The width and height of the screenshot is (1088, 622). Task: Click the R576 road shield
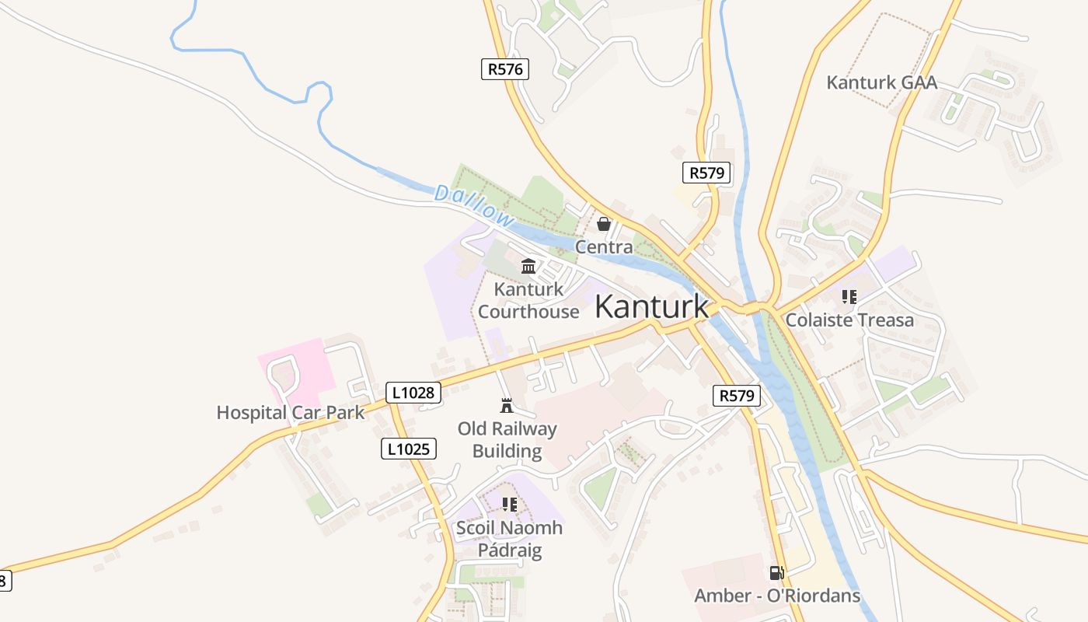pyautogui.click(x=504, y=68)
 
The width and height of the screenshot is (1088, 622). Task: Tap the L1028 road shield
pyautogui.click(x=413, y=393)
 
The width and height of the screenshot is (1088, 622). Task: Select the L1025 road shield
pyautogui.click(x=408, y=448)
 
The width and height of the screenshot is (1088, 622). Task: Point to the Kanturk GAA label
pyautogui.click(x=881, y=82)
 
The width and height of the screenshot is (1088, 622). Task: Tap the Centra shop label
pyautogui.click(x=604, y=246)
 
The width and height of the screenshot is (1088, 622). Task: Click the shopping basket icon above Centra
pyautogui.click(x=603, y=225)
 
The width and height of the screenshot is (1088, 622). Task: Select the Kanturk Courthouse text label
pyautogui.click(x=528, y=300)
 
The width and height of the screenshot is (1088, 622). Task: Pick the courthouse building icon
pyautogui.click(x=528, y=267)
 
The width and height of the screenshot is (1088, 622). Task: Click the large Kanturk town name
pyautogui.click(x=651, y=306)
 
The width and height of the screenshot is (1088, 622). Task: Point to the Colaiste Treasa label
pyautogui.click(x=849, y=320)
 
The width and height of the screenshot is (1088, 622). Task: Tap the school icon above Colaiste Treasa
pyautogui.click(x=849, y=297)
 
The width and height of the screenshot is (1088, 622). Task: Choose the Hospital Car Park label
pyautogui.click(x=290, y=412)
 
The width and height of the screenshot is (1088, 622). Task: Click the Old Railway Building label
pyautogui.click(x=507, y=439)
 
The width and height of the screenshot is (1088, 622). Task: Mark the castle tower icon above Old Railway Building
pyautogui.click(x=507, y=405)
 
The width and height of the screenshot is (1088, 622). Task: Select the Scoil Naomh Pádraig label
pyautogui.click(x=509, y=539)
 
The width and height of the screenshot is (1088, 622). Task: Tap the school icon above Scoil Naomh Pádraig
pyautogui.click(x=509, y=505)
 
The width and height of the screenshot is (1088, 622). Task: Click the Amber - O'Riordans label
pyautogui.click(x=777, y=596)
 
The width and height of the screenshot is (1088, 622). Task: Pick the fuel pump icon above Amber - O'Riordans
pyautogui.click(x=776, y=573)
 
